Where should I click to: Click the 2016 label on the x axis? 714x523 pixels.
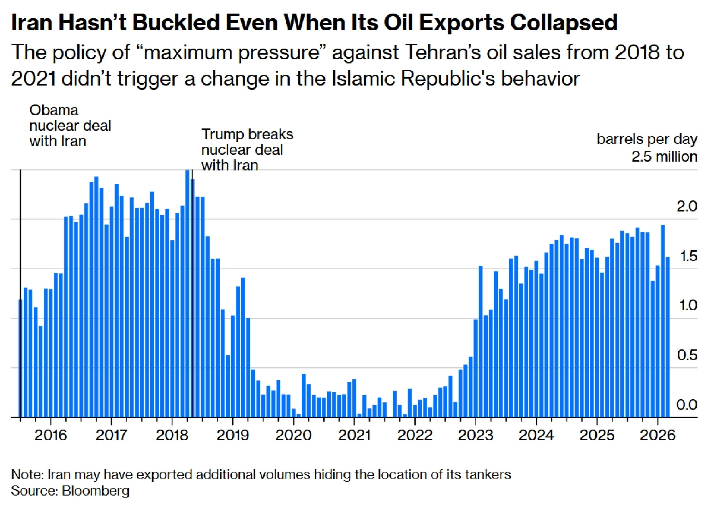tap(50, 435)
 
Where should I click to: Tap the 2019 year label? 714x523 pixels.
tap(232, 435)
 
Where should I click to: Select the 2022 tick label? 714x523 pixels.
tap(414, 435)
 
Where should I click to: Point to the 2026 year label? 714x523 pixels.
tap(657, 435)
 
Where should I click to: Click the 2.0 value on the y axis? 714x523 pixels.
tap(687, 206)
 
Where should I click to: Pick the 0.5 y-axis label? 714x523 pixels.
tap(687, 355)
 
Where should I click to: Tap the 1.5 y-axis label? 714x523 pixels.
tap(688, 256)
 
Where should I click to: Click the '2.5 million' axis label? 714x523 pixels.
tap(664, 157)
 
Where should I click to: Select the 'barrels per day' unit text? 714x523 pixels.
tap(647, 139)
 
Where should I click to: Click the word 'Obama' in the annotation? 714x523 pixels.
tap(54, 110)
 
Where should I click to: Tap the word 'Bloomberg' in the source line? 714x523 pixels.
tap(95, 491)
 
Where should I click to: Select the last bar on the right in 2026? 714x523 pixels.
tap(668, 337)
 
